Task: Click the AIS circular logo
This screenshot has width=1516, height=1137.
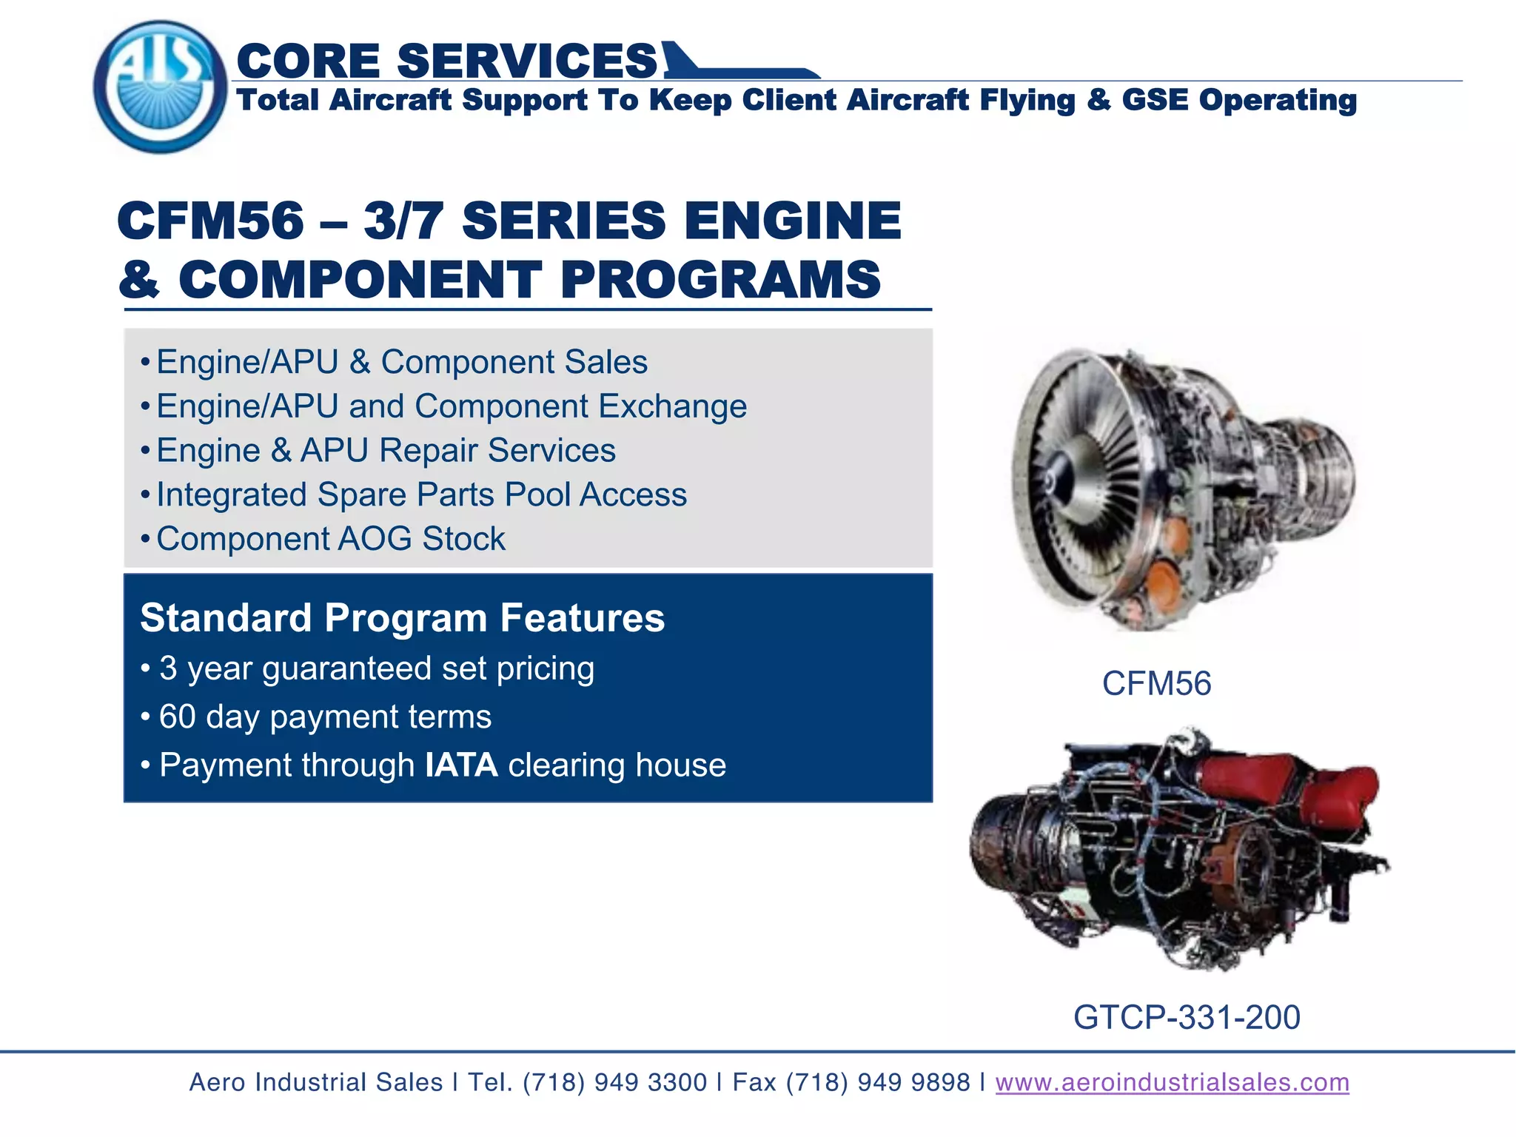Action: point(160,87)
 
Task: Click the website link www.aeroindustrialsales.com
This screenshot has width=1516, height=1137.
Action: point(1172,1082)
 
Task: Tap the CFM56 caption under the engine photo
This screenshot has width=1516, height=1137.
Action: point(1156,683)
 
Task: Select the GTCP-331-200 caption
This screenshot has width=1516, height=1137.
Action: point(1186,1017)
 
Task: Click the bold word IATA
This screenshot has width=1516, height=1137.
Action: point(461,765)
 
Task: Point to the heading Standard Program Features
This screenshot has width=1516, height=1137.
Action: point(402,617)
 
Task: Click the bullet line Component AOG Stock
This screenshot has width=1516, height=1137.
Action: point(330,539)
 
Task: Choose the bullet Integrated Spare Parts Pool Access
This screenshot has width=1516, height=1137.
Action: point(421,494)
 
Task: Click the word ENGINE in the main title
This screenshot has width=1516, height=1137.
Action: point(792,221)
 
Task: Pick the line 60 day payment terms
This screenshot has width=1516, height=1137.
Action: point(325,717)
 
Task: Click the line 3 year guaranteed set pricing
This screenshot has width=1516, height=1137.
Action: point(376,668)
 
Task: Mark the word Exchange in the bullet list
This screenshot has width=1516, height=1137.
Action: point(672,406)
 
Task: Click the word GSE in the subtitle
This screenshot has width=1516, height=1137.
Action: point(1154,100)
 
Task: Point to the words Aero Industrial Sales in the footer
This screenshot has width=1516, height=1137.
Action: point(316,1082)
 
